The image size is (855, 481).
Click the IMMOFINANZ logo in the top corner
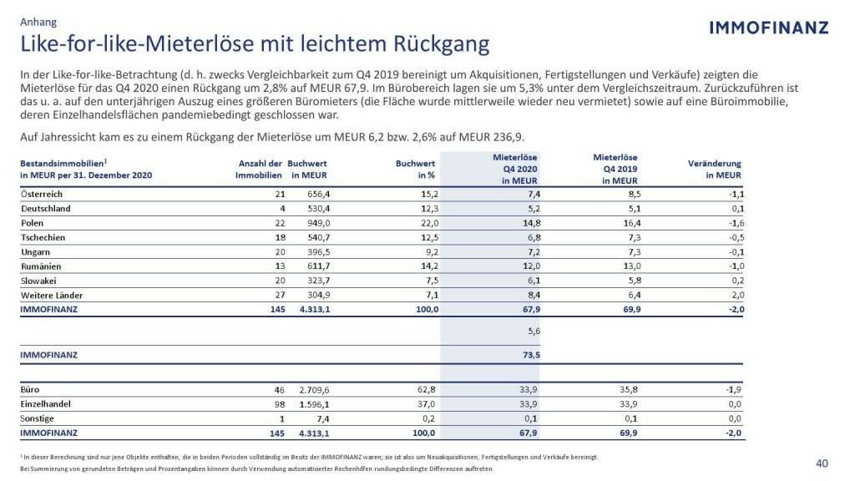(768, 28)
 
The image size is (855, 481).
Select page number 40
(822, 463)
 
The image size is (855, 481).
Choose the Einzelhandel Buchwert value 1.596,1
(311, 404)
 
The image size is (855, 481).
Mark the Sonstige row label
(37, 418)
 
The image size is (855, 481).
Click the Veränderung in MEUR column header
(713, 169)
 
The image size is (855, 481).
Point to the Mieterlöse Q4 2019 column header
(615, 168)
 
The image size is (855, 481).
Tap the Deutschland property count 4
(283, 209)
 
